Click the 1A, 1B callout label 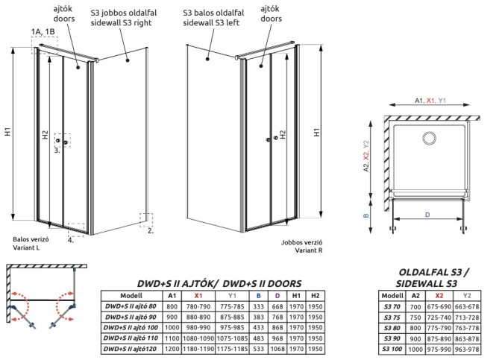[43, 31]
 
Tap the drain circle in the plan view [429, 138]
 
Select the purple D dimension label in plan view [427, 215]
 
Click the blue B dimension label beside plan [366, 216]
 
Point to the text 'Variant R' [309, 250]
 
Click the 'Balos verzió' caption [31, 239]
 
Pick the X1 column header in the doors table [198, 296]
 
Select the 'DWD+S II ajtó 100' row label [131, 328]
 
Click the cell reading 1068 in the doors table [277, 349]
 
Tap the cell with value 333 [258, 306]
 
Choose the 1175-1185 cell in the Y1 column [232, 349]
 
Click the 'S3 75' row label [392, 317]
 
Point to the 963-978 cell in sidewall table [467, 350]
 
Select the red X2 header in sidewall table [439, 296]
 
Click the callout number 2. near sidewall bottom [151, 230]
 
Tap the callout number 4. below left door [71, 240]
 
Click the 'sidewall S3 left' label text [211, 22]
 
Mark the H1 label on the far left [7, 131]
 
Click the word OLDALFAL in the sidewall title [424, 272]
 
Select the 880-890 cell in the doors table [198, 317]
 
